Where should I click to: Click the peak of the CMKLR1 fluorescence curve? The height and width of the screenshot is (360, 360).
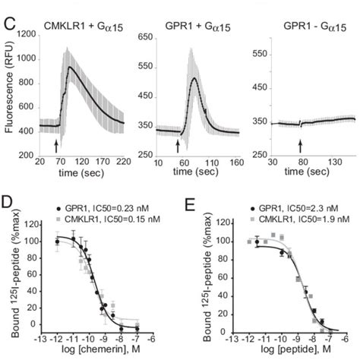71,67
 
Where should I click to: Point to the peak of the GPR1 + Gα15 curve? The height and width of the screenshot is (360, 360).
195,77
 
